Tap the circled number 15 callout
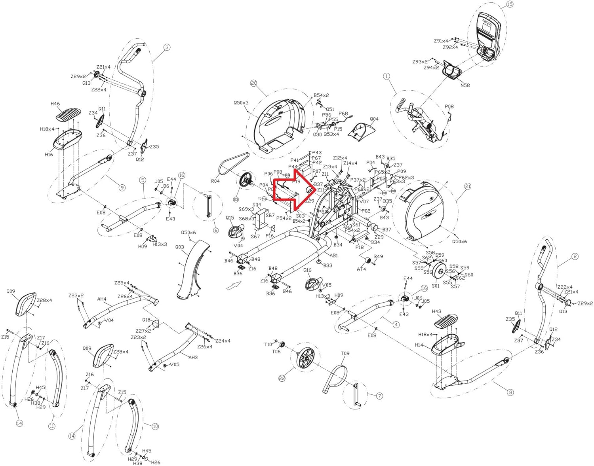pyautogui.click(x=510, y=4)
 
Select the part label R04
pyautogui.click(x=215, y=181)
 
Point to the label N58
pyautogui.click(x=465, y=85)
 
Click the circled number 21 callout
pyautogui.click(x=468, y=186)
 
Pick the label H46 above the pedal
pyautogui.click(x=55, y=104)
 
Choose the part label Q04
pyautogui.click(x=374, y=119)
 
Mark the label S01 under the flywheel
pyautogui.click(x=436, y=286)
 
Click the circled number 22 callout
pyautogui.click(x=282, y=378)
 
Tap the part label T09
pyautogui.click(x=345, y=353)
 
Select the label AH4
pyautogui.click(x=102, y=299)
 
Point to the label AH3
pyautogui.click(x=193, y=357)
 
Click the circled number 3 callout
pyautogui.click(x=167, y=47)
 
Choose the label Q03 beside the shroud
pyautogui.click(x=179, y=247)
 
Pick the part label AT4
pyautogui.click(x=361, y=269)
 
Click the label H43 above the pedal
pyautogui.click(x=436, y=311)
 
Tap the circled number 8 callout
pyautogui.click(x=510, y=392)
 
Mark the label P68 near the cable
pyautogui.click(x=343, y=114)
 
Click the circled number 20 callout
pyautogui.click(x=254, y=83)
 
